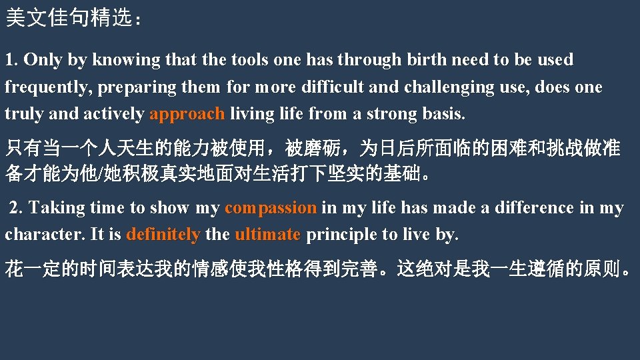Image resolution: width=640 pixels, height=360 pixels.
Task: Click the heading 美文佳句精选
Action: click(x=69, y=18)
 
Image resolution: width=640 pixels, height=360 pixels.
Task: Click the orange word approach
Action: click(x=187, y=115)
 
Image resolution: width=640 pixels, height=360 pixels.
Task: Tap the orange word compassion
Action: click(x=271, y=208)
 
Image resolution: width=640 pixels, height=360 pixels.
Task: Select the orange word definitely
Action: click(x=163, y=235)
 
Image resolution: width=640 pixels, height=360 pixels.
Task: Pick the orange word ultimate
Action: click(x=267, y=235)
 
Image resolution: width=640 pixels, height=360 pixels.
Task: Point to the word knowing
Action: click(x=126, y=60)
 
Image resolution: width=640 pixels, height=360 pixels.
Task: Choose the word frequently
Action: click(x=49, y=87)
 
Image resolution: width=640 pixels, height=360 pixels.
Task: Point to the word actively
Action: click(x=113, y=115)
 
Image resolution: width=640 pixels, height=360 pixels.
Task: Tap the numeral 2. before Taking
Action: click(x=16, y=208)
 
